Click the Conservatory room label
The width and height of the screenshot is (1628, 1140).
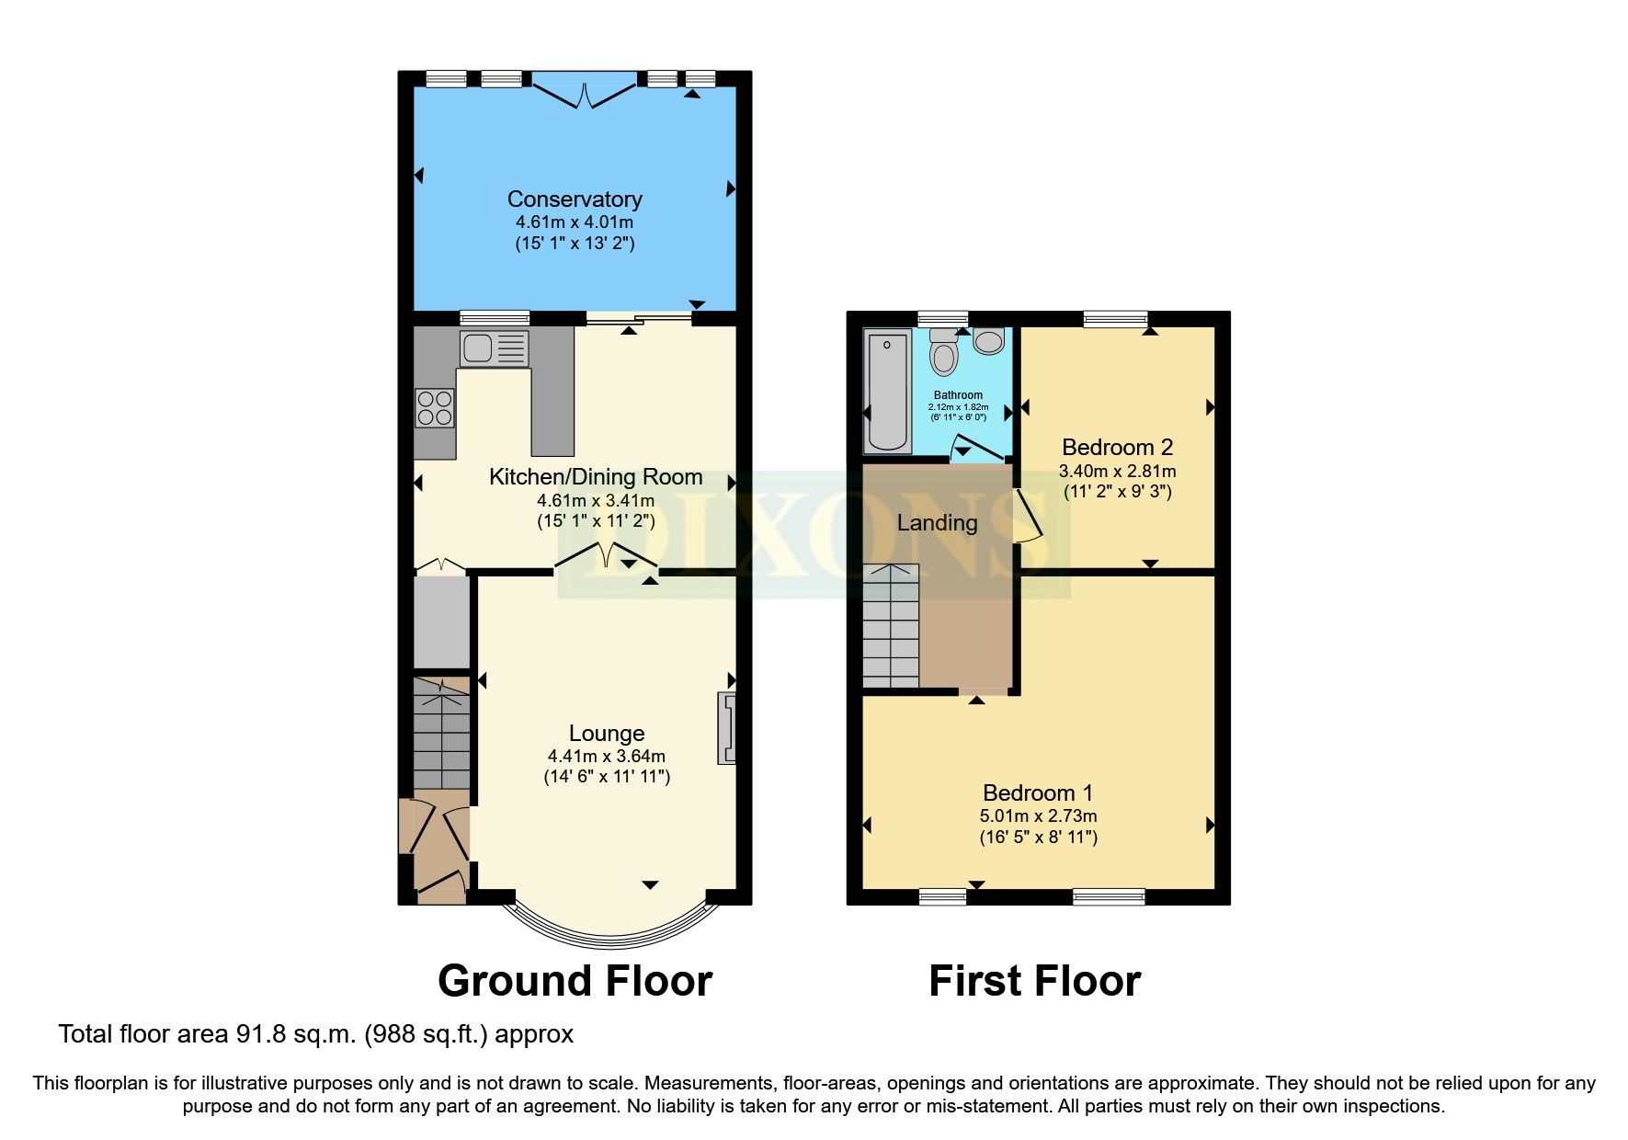pos(575,199)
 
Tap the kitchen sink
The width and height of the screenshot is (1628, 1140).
pos(494,348)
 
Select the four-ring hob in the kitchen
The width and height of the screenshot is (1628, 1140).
pos(435,408)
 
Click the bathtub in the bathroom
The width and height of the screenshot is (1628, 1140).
pos(888,391)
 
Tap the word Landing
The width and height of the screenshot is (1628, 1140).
pos(937,523)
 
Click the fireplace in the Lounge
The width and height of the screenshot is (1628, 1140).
pos(727,729)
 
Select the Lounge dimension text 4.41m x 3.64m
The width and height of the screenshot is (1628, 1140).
pos(607,756)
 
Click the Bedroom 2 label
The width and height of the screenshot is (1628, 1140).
pos(1117,448)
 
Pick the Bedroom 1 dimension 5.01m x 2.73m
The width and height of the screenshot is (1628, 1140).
pos(1038,815)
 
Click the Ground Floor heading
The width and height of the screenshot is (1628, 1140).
pos(575,981)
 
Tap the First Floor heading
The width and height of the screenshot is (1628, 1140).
pos(1034,981)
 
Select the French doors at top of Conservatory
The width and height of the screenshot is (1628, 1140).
pos(585,91)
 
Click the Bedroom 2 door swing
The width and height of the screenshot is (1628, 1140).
pos(1028,517)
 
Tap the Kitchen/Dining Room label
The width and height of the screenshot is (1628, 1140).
pos(596,477)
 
